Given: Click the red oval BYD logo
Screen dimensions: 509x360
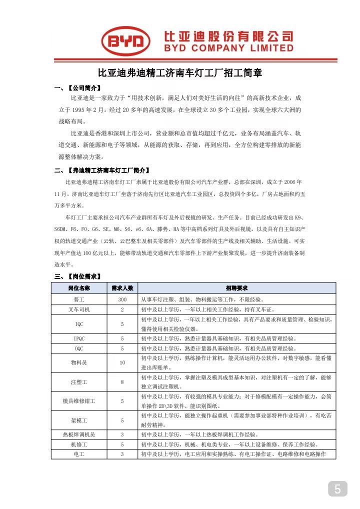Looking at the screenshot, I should click(126, 41).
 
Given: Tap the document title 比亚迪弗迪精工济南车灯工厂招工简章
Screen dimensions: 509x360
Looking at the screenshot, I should click(179, 73).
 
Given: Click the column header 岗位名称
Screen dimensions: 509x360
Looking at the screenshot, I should click(79, 288).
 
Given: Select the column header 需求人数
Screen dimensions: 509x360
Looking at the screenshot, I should click(122, 288).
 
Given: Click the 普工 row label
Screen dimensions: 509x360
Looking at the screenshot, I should click(79, 299).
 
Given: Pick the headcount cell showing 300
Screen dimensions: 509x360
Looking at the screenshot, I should click(122, 299).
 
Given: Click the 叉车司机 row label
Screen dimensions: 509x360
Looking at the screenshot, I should click(79, 309).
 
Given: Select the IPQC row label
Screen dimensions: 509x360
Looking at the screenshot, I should click(79, 338).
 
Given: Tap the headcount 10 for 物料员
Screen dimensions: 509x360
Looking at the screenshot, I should click(122, 362).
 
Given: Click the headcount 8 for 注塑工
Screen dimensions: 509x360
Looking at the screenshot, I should click(122, 382).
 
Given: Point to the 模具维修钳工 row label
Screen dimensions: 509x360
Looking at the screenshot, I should click(79, 401).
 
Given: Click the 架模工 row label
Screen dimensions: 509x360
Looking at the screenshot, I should click(79, 420).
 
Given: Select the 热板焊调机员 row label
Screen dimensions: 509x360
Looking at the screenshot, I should click(79, 434).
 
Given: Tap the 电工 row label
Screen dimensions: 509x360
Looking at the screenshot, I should click(79, 454).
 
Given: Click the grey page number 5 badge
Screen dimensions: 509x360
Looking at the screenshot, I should click(337, 488).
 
